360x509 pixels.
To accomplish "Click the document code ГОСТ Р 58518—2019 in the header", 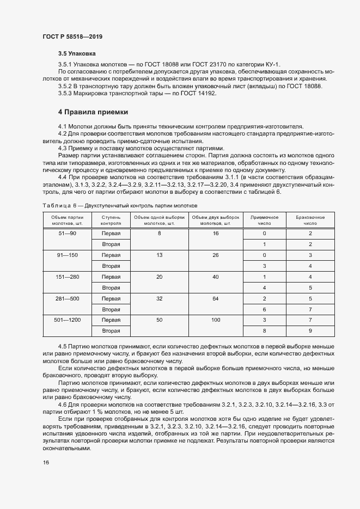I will [x=72, y=36].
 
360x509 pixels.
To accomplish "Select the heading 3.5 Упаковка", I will [x=77, y=54].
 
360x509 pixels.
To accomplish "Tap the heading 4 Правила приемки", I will [x=93, y=113].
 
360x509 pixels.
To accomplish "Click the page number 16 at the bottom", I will [x=46, y=462].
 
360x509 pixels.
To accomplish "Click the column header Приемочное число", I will [x=264, y=220].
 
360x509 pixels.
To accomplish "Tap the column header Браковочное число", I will [x=310, y=220].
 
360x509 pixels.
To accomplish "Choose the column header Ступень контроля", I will [x=111, y=220].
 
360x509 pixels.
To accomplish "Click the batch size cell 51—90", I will [x=68, y=233].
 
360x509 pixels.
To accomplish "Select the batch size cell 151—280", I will [x=68, y=277].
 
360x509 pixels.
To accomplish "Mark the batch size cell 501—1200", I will [x=68, y=320].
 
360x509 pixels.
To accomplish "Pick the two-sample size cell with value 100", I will [x=216, y=320].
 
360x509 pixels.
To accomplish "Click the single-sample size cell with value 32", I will [x=159, y=298].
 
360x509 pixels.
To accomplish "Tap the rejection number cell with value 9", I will [x=310, y=331].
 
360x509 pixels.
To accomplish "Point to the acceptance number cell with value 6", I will [x=264, y=309].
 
